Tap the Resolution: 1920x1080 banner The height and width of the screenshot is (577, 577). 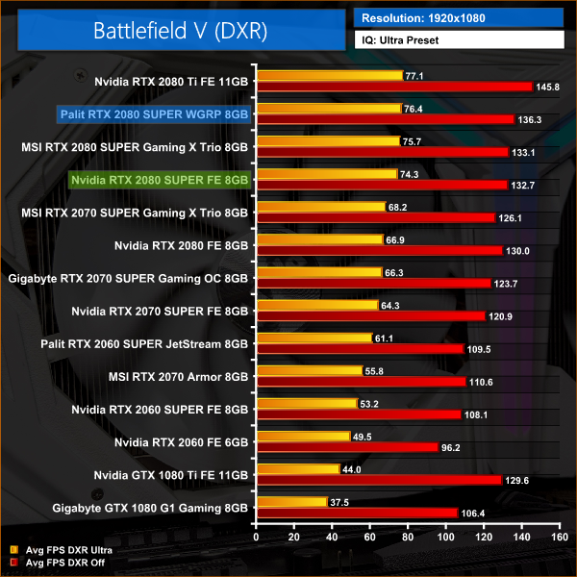(x=460, y=16)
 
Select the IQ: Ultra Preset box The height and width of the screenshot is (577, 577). (x=460, y=41)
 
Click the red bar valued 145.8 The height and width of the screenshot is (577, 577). (x=393, y=87)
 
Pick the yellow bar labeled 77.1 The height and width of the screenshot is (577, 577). (x=329, y=75)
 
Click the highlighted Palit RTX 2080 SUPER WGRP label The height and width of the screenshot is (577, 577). (x=155, y=113)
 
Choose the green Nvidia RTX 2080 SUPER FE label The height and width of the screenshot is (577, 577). (x=161, y=179)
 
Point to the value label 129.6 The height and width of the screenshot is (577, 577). (x=518, y=480)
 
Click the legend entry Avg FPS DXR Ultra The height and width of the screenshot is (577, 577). (x=66, y=550)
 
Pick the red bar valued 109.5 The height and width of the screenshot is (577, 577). (x=360, y=348)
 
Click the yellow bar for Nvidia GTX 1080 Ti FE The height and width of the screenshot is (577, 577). (x=297, y=468)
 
